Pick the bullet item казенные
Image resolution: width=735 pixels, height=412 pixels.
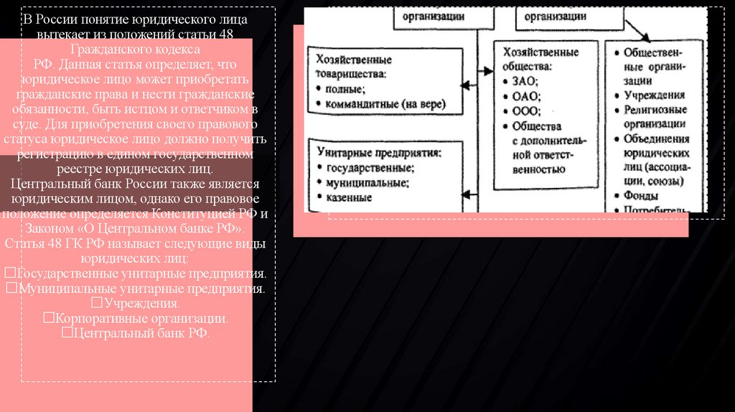point(349,197)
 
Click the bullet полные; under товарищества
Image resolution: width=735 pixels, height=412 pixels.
point(345,89)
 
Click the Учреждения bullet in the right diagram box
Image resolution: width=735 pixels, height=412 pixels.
point(654,95)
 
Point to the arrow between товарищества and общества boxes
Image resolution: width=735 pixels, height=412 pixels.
point(471,85)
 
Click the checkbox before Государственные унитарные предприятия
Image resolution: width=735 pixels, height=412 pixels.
point(9,274)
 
